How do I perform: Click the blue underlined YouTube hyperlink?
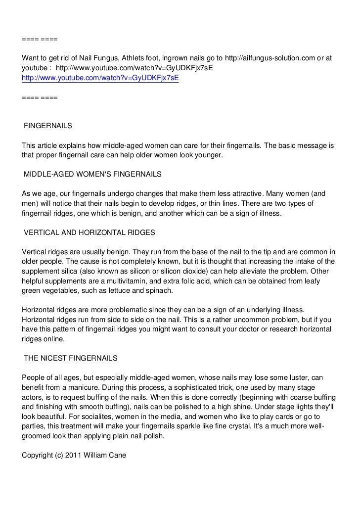click(100, 78)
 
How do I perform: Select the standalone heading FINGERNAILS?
click(48, 126)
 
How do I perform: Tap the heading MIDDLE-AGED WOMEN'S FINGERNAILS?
click(92, 174)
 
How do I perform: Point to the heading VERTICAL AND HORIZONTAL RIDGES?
click(90, 232)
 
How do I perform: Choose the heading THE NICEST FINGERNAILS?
click(71, 358)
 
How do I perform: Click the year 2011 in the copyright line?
click(72, 455)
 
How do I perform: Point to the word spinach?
click(159, 290)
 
